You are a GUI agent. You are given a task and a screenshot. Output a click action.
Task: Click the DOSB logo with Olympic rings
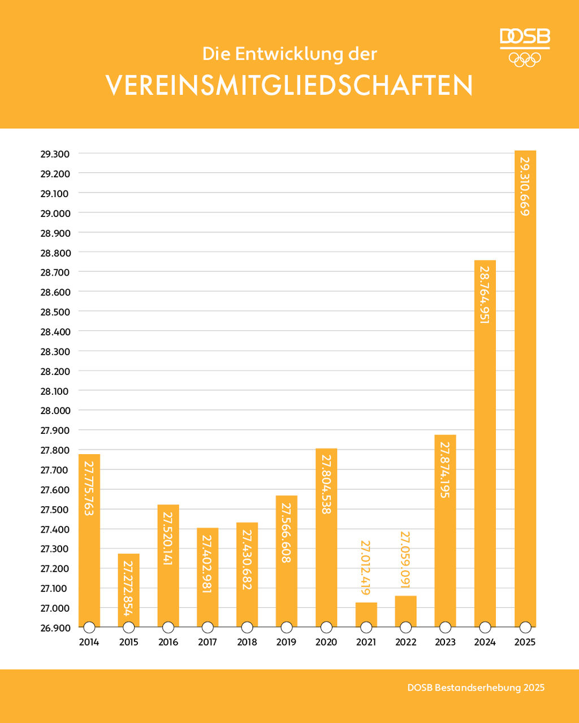525,47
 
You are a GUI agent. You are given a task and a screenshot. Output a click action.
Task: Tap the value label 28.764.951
485,294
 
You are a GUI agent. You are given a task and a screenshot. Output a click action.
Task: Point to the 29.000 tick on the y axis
55,213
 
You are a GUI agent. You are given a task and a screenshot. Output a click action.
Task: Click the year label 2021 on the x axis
366,642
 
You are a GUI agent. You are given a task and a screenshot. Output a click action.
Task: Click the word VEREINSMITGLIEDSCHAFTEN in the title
289,86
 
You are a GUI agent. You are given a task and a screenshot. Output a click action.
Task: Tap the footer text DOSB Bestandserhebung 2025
476,687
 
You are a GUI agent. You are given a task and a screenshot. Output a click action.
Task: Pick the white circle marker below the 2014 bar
89,628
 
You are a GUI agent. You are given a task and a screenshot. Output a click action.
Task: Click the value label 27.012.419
366,567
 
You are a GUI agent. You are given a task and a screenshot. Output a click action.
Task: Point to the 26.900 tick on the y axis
55,628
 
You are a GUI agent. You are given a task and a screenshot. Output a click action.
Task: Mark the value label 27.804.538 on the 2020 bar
326,484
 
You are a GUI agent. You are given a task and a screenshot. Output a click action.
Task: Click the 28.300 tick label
55,351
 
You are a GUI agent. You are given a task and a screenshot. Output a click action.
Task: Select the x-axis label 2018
247,642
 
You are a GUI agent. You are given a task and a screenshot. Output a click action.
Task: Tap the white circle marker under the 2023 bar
445,628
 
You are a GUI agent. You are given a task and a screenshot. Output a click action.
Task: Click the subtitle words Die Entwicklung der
289,54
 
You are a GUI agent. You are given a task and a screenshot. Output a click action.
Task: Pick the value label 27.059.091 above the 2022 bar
405,560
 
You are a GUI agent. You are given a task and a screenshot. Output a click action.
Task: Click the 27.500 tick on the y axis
55,509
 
